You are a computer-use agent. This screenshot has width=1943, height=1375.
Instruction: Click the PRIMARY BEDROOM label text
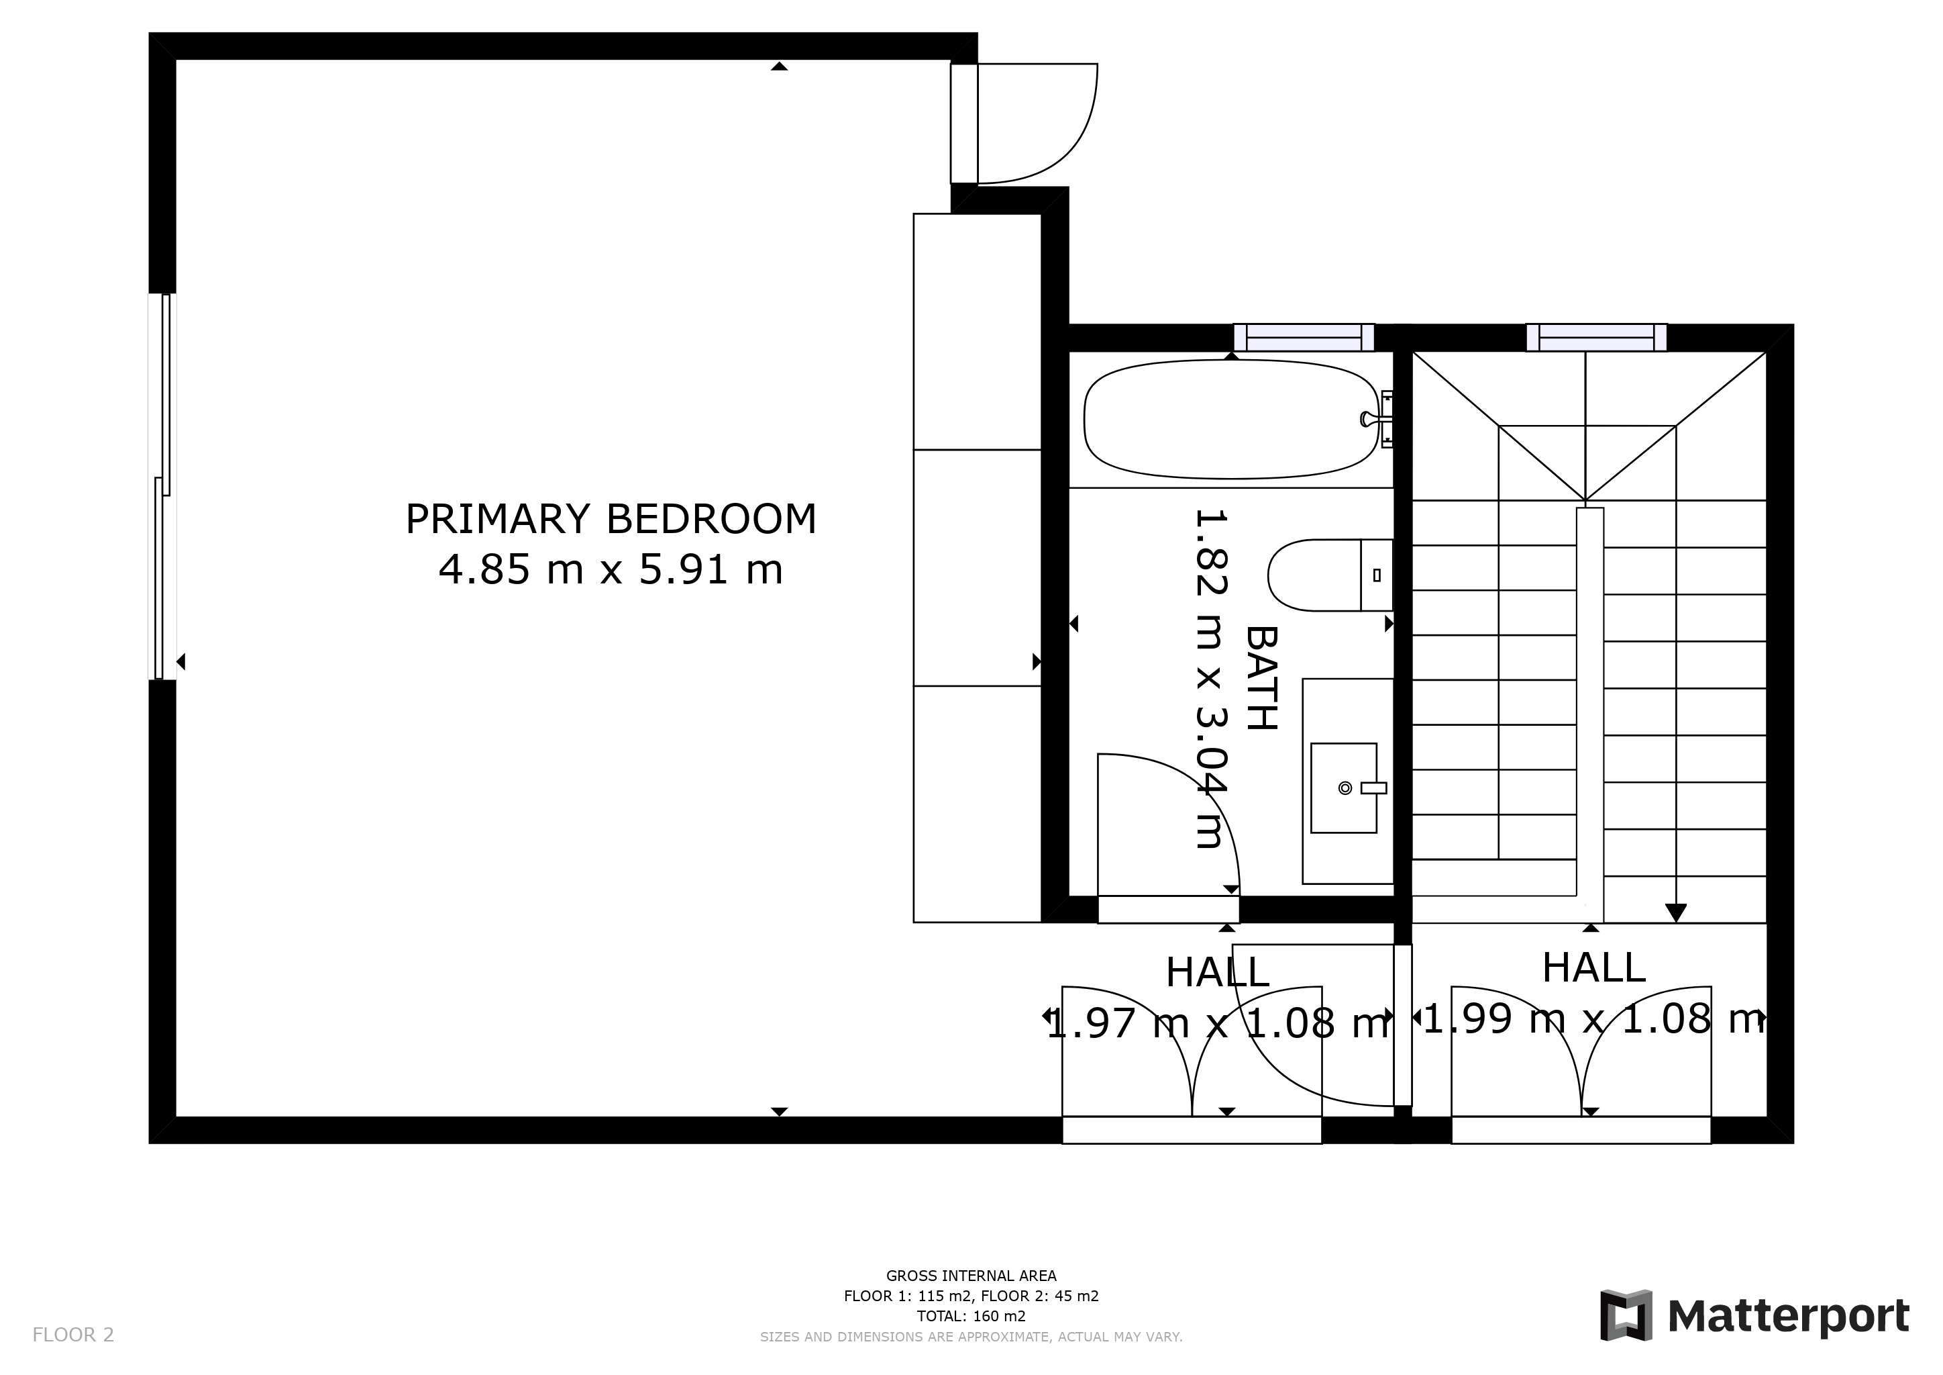611,519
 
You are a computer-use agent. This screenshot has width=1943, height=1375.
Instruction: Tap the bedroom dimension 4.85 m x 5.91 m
611,569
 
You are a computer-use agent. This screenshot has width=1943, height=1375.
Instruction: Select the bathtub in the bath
1231,419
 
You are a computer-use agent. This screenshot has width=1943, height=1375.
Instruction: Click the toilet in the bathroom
1330,575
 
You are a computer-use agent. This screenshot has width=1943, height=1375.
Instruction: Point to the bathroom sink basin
1344,788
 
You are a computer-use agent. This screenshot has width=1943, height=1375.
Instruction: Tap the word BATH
1261,678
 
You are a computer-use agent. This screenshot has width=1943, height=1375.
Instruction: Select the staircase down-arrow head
1675,914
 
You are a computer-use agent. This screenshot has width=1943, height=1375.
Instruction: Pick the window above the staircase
1596,337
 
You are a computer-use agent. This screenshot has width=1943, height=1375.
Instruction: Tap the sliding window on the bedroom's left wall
162,486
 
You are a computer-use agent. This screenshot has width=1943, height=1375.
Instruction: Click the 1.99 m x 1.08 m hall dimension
1594,1018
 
